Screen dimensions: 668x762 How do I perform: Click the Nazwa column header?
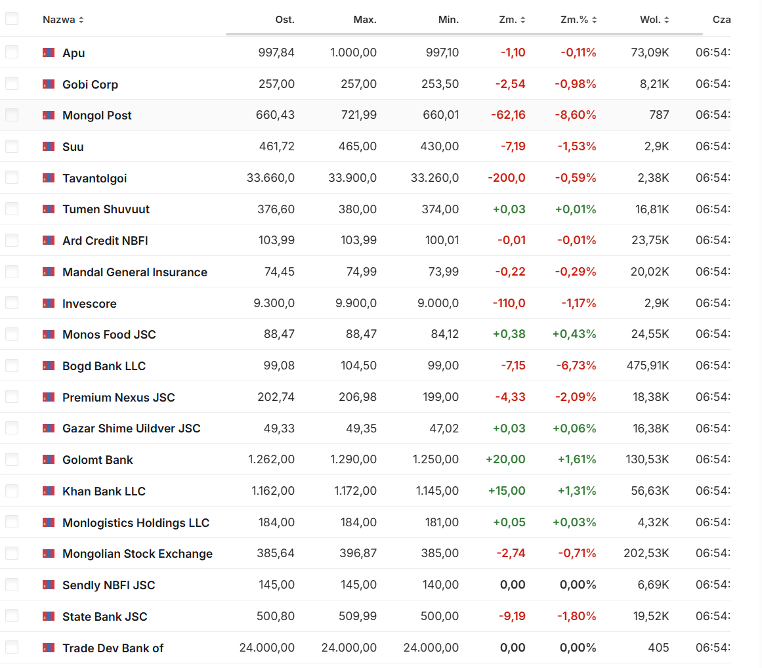coord(58,20)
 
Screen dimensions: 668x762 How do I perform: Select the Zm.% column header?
coord(574,20)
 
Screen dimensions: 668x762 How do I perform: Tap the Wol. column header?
coord(650,20)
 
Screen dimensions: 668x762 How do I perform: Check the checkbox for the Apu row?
coord(12,52)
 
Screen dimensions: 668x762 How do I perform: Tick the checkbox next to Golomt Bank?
coord(12,459)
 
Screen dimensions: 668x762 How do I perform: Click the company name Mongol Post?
coord(96,115)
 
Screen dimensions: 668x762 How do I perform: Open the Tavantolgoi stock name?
coord(95,178)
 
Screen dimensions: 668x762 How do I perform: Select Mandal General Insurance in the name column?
coord(135,272)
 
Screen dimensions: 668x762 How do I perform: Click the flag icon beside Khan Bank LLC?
coord(49,491)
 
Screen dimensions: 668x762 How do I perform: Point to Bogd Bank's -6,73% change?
coord(578,365)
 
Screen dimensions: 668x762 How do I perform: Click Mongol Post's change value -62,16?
coord(508,115)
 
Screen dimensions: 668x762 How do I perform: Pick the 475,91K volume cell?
coord(648,365)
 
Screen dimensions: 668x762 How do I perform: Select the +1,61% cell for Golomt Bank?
coord(577,459)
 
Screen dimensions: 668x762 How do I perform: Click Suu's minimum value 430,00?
coord(442,147)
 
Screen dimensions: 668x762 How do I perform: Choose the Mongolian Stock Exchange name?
coord(137,554)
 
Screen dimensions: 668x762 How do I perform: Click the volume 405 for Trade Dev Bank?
coord(658,648)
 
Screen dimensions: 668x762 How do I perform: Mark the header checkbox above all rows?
coord(12,19)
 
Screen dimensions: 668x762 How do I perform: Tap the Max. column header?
coord(365,20)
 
